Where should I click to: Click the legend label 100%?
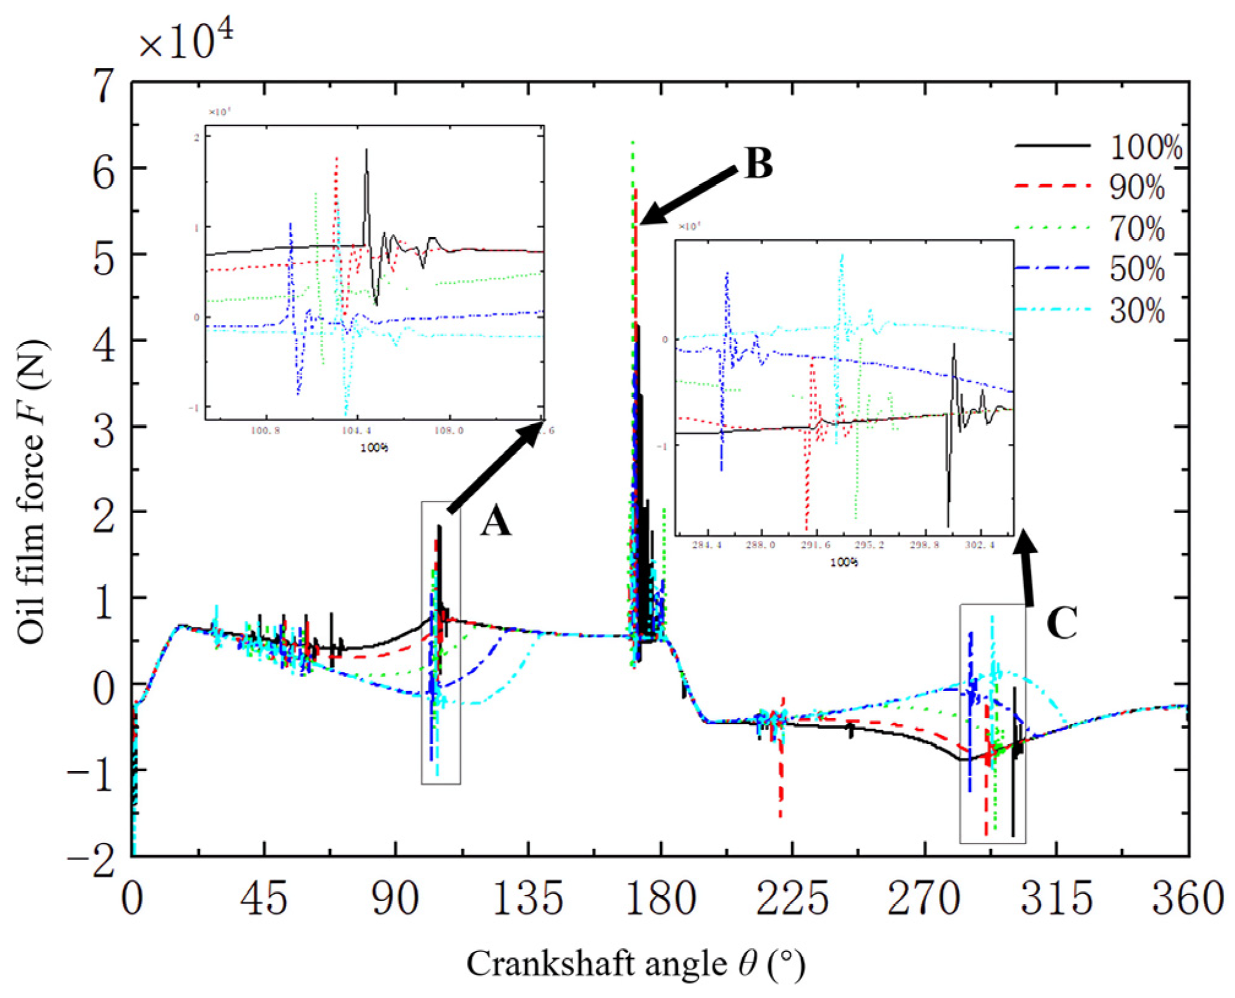tap(1145, 148)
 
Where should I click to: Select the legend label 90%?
tap(1137, 188)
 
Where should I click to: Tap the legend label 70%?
tap(1137, 229)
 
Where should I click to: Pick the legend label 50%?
tap(1137, 270)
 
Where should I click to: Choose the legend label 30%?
tap(1137, 311)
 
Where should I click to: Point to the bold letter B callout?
tap(758, 164)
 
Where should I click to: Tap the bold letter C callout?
tap(1062, 624)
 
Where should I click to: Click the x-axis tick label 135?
tap(528, 899)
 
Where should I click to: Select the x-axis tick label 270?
tap(923, 899)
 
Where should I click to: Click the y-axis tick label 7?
tap(104, 85)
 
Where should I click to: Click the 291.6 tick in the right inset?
tap(815, 545)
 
